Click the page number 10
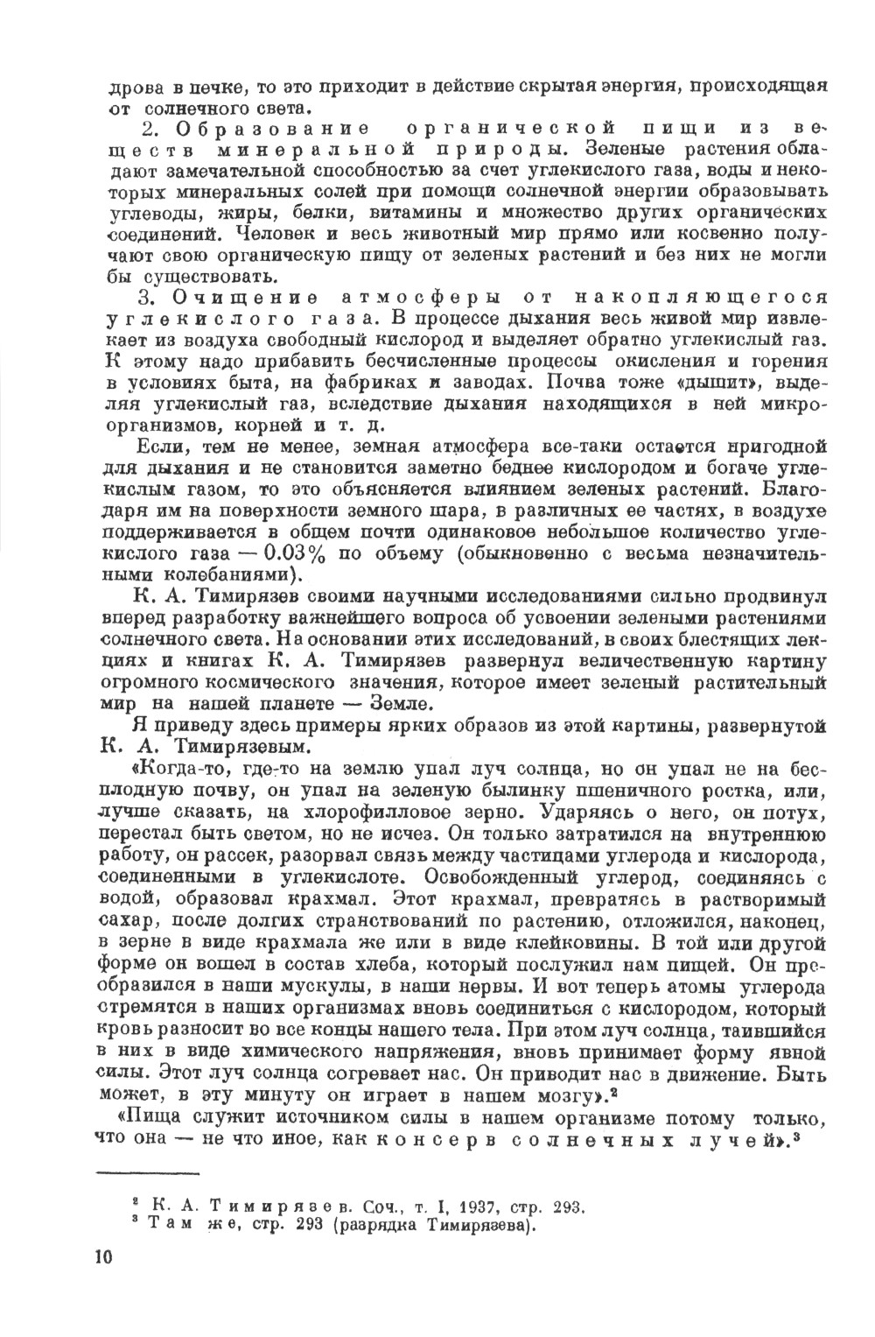tap(102, 1256)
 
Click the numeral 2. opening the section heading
tap(148, 128)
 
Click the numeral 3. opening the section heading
tap(148, 299)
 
